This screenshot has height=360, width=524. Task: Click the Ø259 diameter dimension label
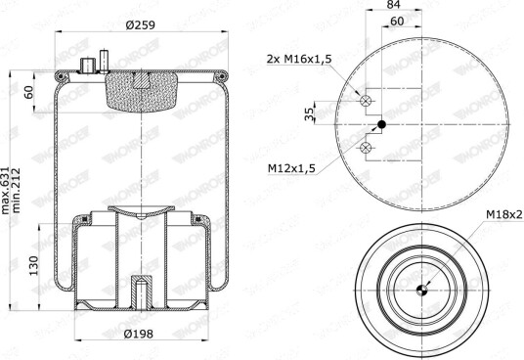click(x=141, y=24)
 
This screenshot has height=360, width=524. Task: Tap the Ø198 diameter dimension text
click(x=139, y=334)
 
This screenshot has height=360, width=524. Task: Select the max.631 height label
click(x=6, y=190)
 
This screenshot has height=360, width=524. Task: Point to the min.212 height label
click(x=16, y=190)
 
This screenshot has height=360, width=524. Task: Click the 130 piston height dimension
click(x=34, y=266)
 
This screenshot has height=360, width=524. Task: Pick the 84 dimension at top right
click(x=393, y=4)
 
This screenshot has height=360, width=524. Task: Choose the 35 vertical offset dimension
click(x=310, y=114)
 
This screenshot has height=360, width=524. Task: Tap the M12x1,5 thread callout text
click(x=291, y=168)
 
